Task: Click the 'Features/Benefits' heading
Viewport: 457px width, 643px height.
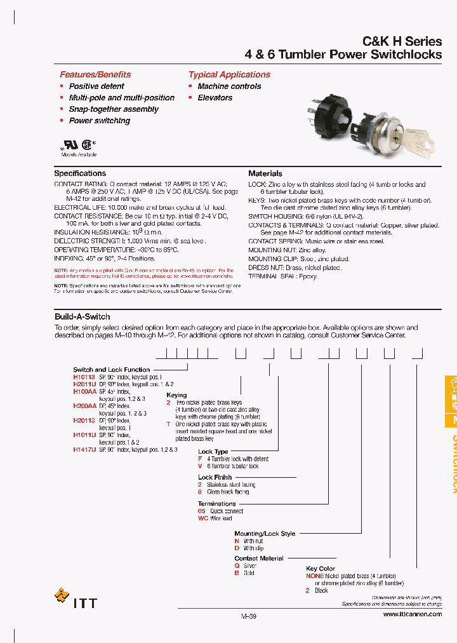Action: point(95,74)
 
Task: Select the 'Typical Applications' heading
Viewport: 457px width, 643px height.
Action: point(229,74)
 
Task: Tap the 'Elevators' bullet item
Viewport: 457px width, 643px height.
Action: point(215,98)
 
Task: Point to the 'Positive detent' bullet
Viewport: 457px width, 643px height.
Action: point(96,86)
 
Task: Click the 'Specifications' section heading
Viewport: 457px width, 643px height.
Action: point(80,173)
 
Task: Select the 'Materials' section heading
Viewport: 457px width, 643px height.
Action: point(265,173)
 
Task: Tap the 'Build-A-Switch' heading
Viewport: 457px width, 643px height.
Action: point(83,316)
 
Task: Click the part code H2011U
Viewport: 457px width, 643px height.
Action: point(84,384)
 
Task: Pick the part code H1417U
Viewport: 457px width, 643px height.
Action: point(84,449)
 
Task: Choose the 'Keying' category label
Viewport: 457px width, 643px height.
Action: point(176,395)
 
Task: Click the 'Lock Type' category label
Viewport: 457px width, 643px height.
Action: point(213,451)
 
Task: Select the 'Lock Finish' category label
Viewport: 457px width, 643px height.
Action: point(215,477)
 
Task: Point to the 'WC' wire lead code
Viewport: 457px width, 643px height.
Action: point(203,518)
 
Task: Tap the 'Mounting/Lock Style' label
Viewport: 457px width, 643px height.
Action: point(265,534)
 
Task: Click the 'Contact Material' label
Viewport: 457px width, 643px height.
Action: point(259,558)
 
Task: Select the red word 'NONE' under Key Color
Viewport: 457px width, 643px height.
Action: point(315,576)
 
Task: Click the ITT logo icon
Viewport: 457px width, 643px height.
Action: point(62,596)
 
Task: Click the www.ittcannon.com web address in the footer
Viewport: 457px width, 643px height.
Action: point(413,615)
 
